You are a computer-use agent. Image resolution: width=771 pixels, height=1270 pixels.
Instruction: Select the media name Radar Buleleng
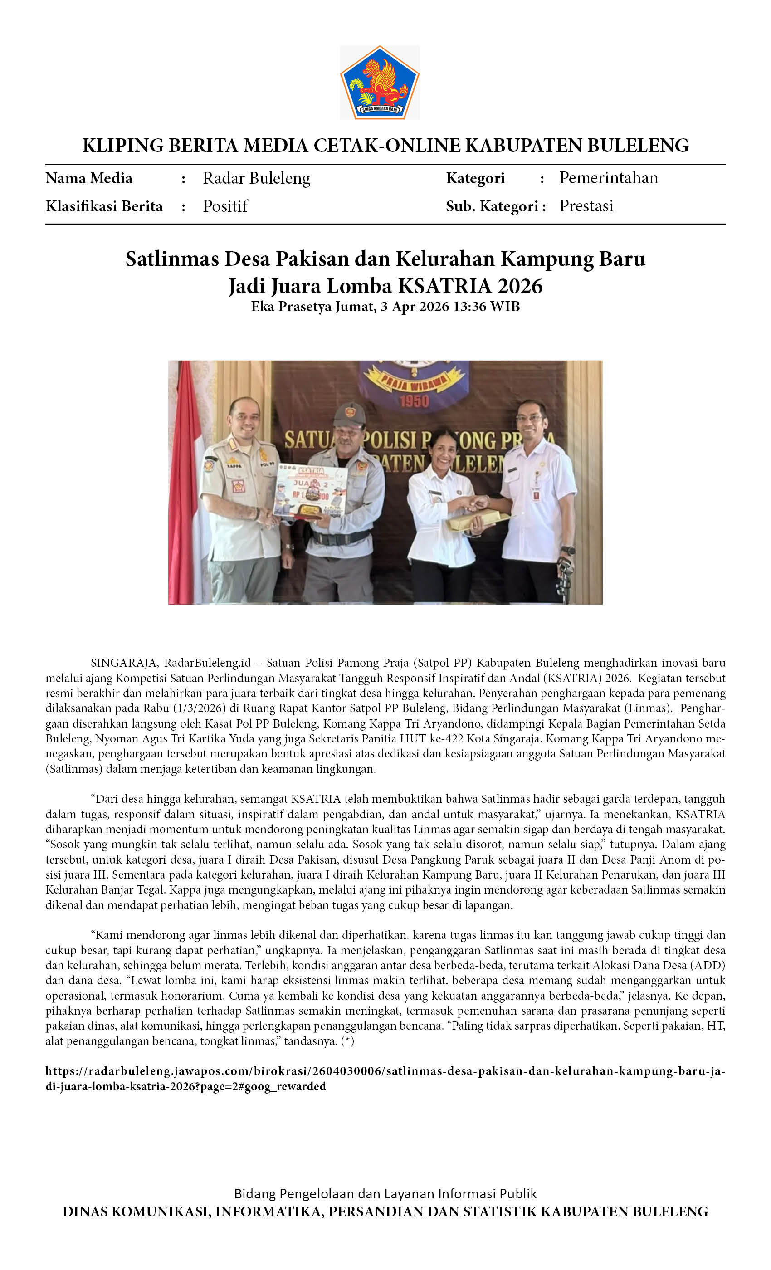coord(256,178)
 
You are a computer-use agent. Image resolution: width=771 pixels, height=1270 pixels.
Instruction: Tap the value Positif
coord(225,206)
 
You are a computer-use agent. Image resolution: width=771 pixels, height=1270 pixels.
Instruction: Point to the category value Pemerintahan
coord(608,178)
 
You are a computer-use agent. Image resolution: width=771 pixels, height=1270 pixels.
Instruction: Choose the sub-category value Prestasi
coord(586,206)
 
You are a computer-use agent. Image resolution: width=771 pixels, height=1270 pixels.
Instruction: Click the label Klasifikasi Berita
coord(104,206)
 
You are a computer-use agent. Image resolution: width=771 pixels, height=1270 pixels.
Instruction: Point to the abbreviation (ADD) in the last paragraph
coord(708,965)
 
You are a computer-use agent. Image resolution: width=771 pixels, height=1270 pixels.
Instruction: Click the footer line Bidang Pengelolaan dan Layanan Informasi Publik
coord(385,1194)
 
